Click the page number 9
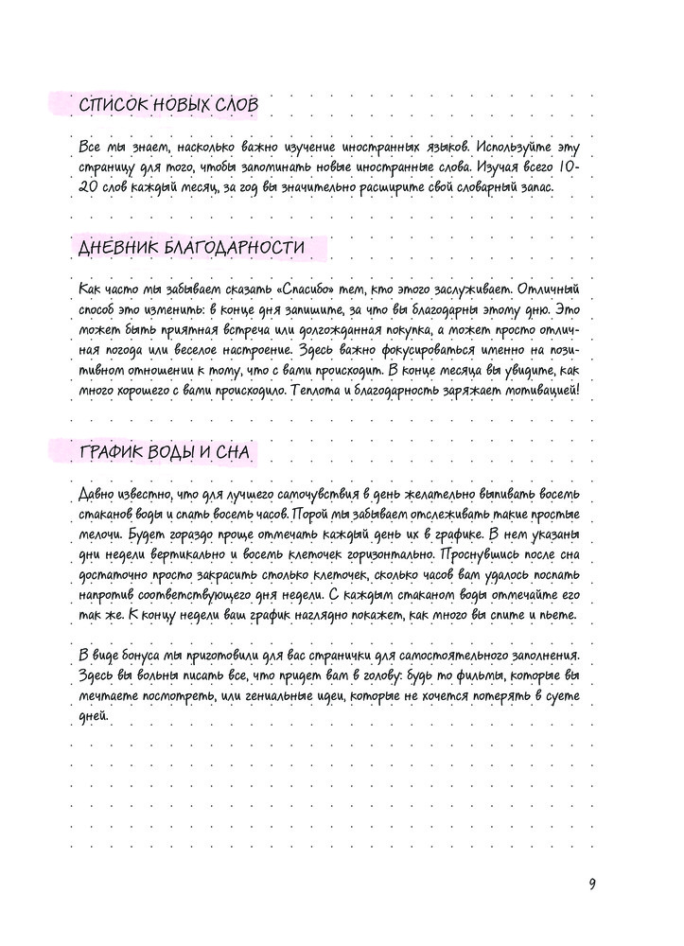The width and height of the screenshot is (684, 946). [x=592, y=884]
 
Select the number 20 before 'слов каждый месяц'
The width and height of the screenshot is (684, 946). [x=84, y=187]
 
